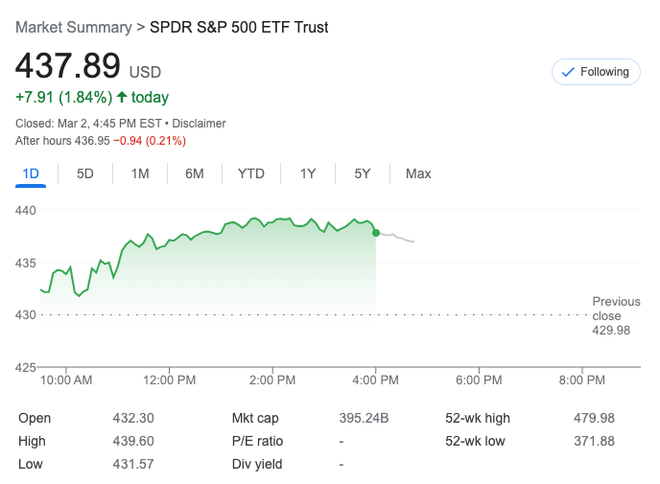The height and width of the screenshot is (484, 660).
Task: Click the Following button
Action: tap(596, 72)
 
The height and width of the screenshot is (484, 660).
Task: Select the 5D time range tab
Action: tap(85, 173)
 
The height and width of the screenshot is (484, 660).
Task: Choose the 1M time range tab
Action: tap(140, 173)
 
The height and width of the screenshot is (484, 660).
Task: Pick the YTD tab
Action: tap(250, 173)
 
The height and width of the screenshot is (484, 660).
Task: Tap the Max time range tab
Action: tap(418, 173)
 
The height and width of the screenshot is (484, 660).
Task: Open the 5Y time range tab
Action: tap(362, 173)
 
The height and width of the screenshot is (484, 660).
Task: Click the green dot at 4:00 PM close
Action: tap(375, 232)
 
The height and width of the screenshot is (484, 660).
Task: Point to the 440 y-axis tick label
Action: tap(27, 210)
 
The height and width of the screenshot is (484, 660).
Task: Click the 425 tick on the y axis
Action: tap(27, 366)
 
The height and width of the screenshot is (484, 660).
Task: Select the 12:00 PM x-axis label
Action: tap(170, 380)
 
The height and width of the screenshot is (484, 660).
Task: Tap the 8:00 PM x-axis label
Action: tap(582, 380)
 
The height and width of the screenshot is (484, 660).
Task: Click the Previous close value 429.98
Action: tap(610, 330)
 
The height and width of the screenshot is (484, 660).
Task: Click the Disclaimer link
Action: tap(199, 124)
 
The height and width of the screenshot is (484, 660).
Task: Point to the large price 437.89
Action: tap(67, 66)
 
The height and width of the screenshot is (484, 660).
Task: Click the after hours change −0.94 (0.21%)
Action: tap(150, 141)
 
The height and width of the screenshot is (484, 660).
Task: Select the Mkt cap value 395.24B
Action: tap(364, 418)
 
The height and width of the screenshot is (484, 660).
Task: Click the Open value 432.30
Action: tap(133, 418)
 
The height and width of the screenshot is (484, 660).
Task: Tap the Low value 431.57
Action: tap(133, 464)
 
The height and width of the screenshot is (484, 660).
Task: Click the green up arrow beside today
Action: tap(122, 97)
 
